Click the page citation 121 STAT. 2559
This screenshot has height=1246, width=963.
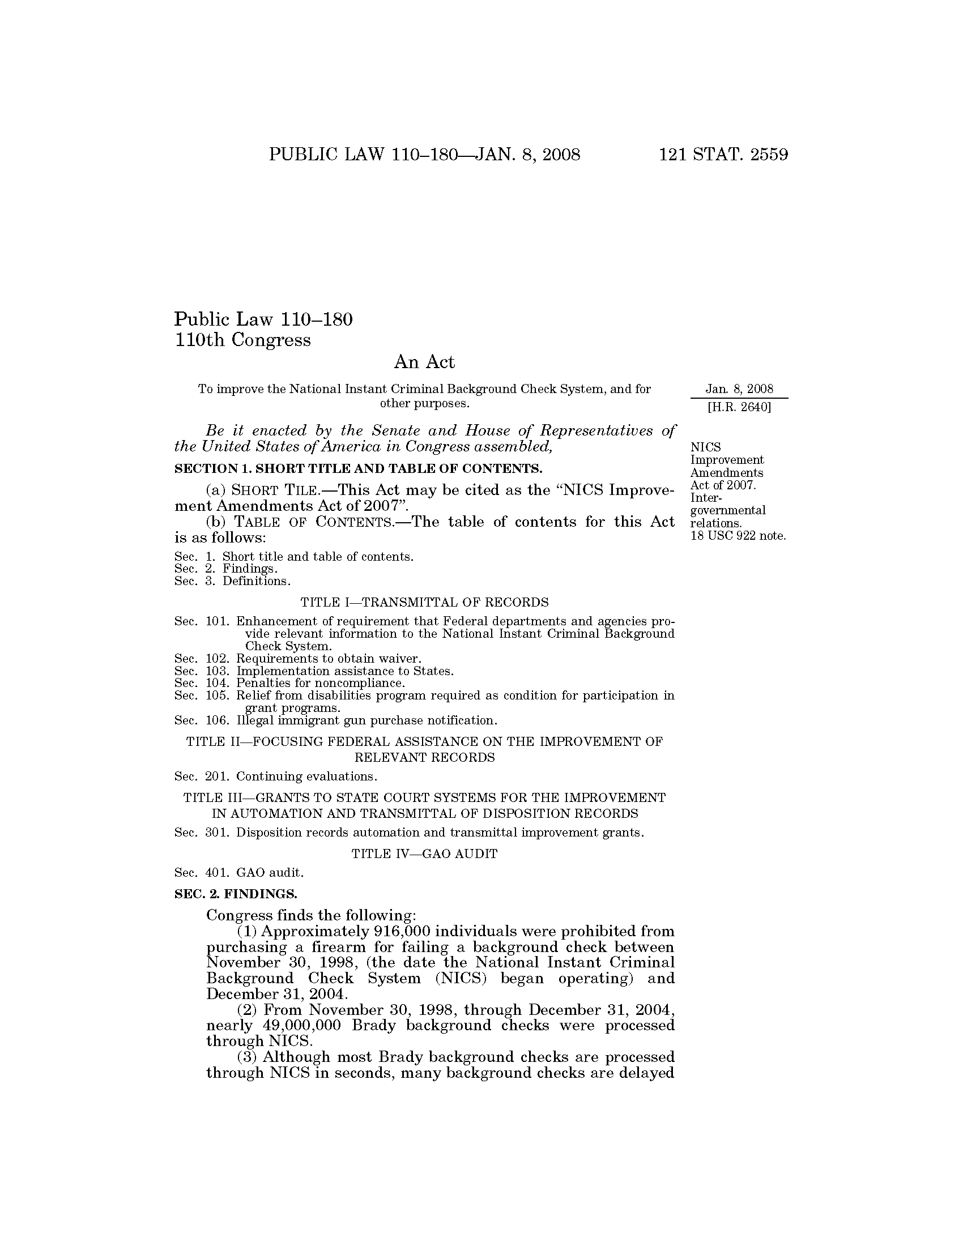(723, 155)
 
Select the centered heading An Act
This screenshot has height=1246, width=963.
(424, 362)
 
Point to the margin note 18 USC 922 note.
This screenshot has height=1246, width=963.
(738, 536)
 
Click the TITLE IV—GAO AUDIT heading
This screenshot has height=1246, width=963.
(424, 854)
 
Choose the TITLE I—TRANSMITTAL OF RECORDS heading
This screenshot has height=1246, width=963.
(424, 602)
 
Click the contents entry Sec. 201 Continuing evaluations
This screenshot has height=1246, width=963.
(276, 776)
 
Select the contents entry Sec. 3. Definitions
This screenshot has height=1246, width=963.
(233, 581)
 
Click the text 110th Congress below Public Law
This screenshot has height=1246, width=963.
(243, 340)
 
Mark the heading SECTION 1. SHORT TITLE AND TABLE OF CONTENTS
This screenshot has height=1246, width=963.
(358, 468)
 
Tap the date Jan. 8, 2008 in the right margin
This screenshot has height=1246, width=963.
(739, 389)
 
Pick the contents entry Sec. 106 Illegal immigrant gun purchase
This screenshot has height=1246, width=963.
(335, 720)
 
